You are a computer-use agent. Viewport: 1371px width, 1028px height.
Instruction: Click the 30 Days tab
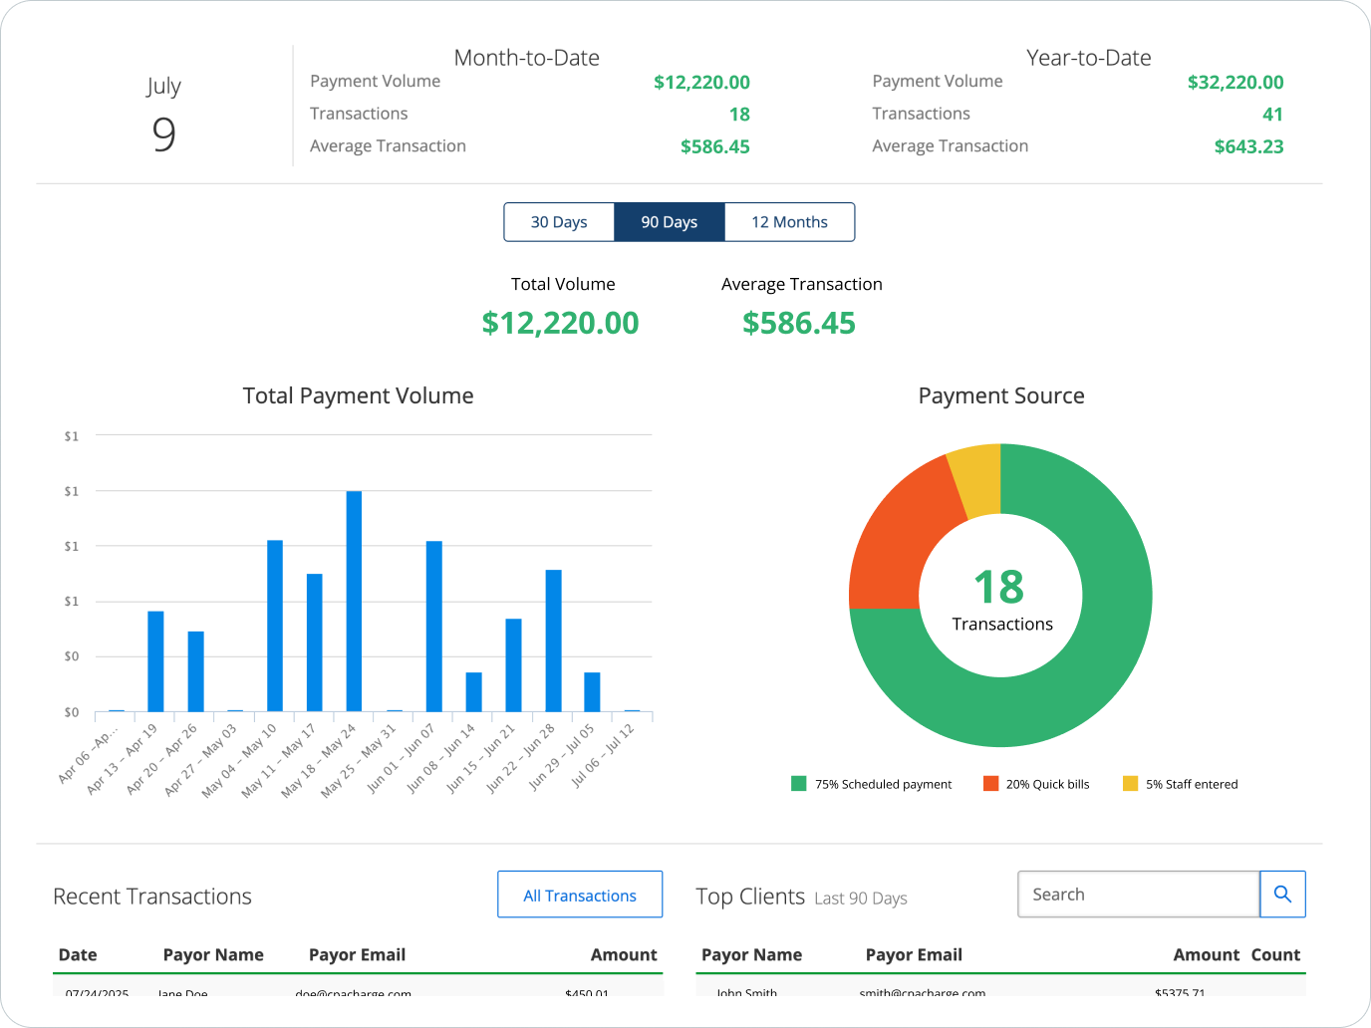point(559,222)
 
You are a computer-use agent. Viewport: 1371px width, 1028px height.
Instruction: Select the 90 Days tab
point(669,222)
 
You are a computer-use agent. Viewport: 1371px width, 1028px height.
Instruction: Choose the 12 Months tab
point(789,222)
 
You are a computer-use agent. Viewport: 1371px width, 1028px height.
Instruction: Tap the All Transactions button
point(580,895)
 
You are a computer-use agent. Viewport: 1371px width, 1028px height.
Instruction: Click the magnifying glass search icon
point(1282,895)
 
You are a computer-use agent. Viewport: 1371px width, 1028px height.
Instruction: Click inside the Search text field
point(1138,895)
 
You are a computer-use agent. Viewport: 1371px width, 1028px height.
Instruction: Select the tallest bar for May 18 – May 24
point(354,601)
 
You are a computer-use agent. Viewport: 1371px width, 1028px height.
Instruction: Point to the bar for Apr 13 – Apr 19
point(155,660)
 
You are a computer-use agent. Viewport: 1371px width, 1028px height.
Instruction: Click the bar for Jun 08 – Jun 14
point(473,691)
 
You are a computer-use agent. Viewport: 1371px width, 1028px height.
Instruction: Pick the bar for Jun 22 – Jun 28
point(553,640)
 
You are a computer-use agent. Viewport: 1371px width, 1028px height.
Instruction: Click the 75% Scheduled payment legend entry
point(872,784)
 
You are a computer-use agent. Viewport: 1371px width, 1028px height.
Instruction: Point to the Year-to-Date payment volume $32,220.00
point(1234,83)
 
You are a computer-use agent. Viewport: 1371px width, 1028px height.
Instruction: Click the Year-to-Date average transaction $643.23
point(1247,146)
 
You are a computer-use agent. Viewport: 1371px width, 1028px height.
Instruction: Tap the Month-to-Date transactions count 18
point(738,115)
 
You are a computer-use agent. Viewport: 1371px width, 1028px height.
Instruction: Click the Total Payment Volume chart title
point(358,395)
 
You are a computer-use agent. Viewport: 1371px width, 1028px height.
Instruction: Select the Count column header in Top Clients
point(1275,954)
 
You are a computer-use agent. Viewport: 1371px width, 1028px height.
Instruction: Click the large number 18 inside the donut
point(998,587)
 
